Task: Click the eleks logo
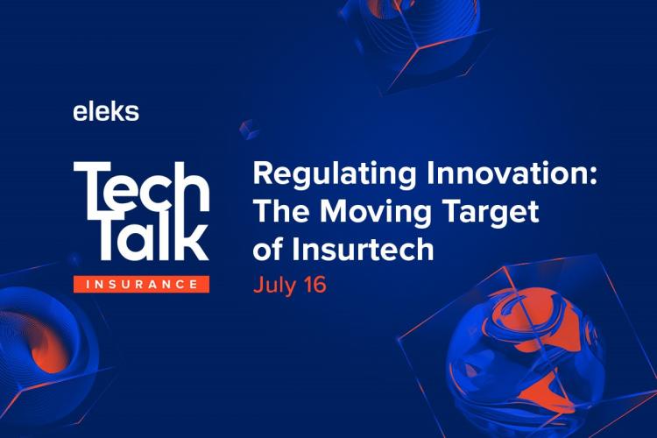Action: click(106, 111)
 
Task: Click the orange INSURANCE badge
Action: click(141, 284)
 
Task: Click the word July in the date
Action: click(272, 286)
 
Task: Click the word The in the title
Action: click(279, 211)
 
